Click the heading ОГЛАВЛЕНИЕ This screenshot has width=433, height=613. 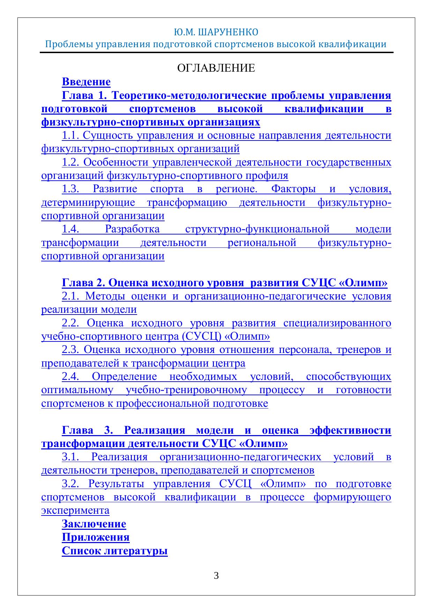pyautogui.click(x=216, y=68)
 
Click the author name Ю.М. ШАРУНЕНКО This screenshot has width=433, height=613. pyautogui.click(x=216, y=33)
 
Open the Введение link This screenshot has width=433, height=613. pyautogui.click(x=86, y=82)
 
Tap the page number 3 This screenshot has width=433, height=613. pyautogui.click(x=216, y=576)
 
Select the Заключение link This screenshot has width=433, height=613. pyautogui.click(x=94, y=524)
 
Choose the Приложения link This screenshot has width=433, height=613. pyautogui.click(x=96, y=537)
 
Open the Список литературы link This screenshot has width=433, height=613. pyautogui.click(x=115, y=551)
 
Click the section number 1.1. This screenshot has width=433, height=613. pyautogui.click(x=71, y=135)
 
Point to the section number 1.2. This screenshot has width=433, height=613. pyautogui.click(x=71, y=163)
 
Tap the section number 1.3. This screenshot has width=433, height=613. pyautogui.click(x=71, y=189)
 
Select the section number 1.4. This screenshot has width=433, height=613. pyautogui.click(x=71, y=229)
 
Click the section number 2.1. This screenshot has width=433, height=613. pyautogui.click(x=71, y=296)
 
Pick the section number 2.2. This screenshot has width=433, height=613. pyautogui.click(x=71, y=323)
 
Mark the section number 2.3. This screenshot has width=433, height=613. pyautogui.click(x=71, y=350)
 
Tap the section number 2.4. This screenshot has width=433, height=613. pyautogui.click(x=71, y=377)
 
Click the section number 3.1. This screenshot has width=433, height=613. pyautogui.click(x=71, y=457)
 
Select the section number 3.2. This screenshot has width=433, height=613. pyautogui.click(x=71, y=484)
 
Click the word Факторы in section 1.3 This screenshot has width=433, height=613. pyautogui.click(x=293, y=189)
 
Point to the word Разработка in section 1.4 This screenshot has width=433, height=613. pyautogui.click(x=132, y=229)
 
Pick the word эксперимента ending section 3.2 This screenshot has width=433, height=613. pyautogui.click(x=75, y=511)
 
